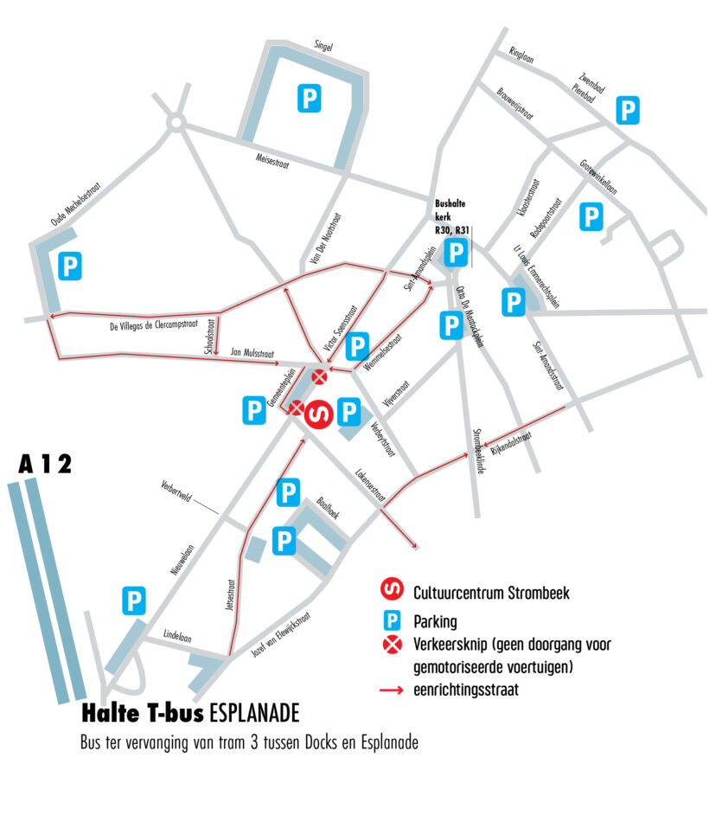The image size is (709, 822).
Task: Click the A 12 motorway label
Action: (45, 464)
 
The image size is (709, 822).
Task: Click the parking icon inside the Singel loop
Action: (309, 97)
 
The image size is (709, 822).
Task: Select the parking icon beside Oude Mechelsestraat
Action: (69, 265)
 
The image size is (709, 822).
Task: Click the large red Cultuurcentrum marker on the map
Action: (318, 414)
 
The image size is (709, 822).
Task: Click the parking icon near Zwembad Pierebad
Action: (628, 110)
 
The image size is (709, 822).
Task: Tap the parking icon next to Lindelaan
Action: (134, 600)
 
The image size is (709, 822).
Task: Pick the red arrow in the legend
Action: (392, 689)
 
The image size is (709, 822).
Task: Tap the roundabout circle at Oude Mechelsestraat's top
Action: (176, 125)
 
